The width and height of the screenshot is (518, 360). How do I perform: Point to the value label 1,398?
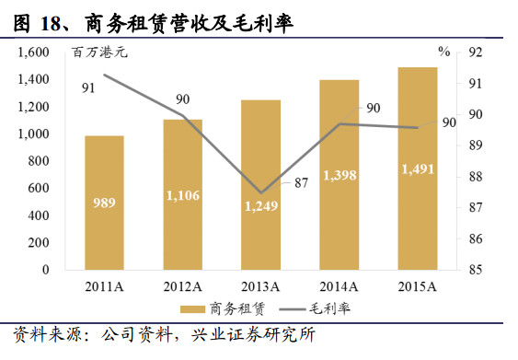click(340, 175)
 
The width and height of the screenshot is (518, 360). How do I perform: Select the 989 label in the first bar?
click(104, 203)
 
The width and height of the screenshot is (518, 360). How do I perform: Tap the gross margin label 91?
click(89, 88)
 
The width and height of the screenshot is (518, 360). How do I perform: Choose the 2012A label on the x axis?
click(182, 285)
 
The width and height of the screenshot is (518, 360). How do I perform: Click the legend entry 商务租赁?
click(218, 308)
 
